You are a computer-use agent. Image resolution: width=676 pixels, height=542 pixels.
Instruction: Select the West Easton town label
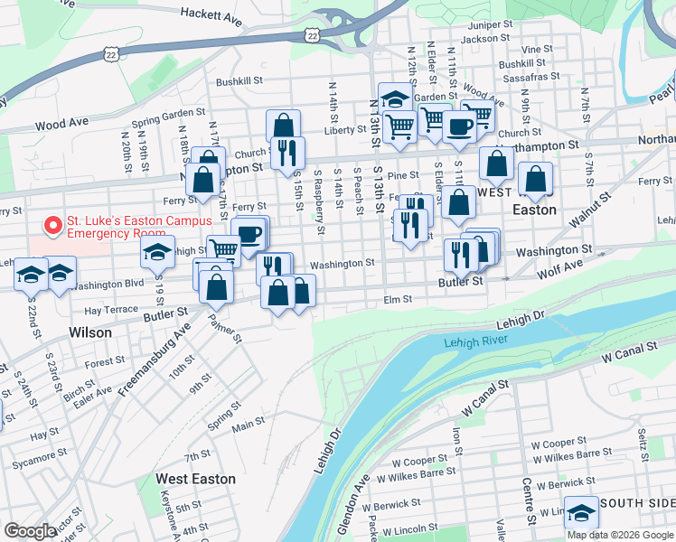click(195, 479)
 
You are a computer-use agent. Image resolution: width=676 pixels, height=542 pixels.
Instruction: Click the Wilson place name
click(90, 332)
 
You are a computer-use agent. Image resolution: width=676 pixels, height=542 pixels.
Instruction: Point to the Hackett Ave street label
click(211, 14)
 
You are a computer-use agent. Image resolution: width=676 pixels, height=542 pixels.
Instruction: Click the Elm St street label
click(398, 299)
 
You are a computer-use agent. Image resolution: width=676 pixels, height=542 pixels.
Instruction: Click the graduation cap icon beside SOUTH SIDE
click(581, 510)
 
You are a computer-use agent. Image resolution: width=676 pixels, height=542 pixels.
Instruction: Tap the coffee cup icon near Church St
click(458, 126)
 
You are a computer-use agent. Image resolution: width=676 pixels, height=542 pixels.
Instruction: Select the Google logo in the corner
click(31, 531)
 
